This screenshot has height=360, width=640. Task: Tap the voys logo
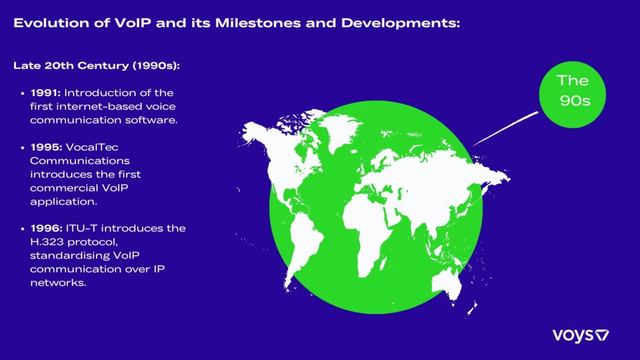pyautogui.click(x=581, y=336)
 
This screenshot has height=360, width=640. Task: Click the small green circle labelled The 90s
pyautogui.click(x=572, y=94)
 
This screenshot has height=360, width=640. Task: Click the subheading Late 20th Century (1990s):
pyautogui.click(x=97, y=66)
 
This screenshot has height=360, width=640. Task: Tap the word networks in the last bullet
pyautogui.click(x=58, y=283)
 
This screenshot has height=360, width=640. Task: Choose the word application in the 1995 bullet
pyautogui.click(x=63, y=201)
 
